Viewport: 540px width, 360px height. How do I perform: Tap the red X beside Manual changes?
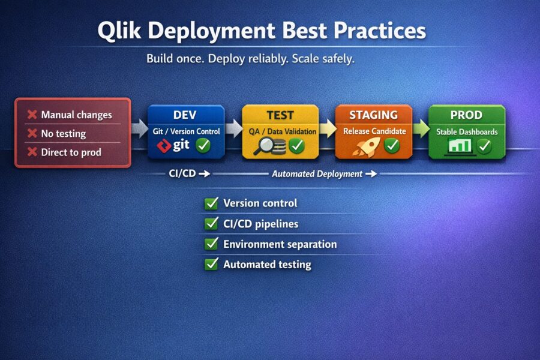[32, 115]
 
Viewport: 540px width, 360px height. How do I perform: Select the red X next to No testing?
[32, 134]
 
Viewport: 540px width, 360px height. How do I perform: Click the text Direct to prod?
[71, 152]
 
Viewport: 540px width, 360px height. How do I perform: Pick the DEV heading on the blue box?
[185, 115]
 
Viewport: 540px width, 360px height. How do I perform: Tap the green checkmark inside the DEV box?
[203, 145]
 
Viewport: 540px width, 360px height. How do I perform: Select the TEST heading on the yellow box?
[280, 115]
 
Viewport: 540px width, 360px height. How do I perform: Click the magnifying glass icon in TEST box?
[265, 145]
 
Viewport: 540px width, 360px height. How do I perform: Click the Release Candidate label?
[374, 131]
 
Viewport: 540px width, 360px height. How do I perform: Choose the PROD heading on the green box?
[467, 115]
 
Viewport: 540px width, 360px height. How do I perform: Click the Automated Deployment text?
[317, 174]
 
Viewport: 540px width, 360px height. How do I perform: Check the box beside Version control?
[211, 203]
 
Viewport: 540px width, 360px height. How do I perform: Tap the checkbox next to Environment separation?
[211, 244]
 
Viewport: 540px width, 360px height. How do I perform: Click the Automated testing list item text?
[267, 264]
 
